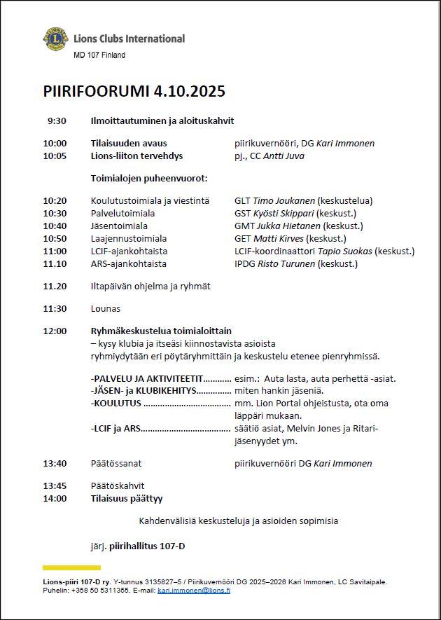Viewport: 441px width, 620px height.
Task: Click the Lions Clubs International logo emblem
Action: click(55, 39)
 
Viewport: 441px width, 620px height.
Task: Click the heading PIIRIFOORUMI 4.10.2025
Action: click(134, 92)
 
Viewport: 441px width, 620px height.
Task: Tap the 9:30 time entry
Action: click(57, 120)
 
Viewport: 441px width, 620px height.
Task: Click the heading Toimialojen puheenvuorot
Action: click(148, 178)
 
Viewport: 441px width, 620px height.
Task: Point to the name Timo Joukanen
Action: click(284, 200)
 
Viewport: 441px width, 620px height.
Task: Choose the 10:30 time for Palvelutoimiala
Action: click(55, 213)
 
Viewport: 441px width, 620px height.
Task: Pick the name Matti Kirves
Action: click(279, 238)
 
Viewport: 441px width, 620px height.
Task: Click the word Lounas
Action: click(106, 308)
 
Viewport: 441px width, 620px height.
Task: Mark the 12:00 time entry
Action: click(55, 331)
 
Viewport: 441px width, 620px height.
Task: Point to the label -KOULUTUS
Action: click(117, 404)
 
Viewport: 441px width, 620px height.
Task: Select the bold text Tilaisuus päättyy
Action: click(127, 498)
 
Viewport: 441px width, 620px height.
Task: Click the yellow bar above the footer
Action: click(71, 567)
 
